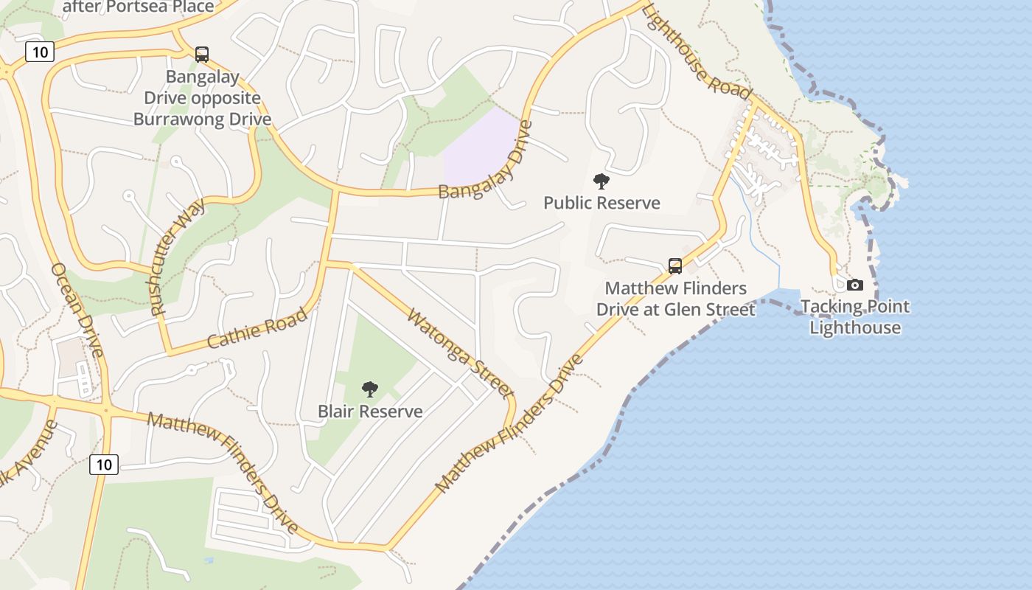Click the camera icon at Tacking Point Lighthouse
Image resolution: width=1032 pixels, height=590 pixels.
(855, 285)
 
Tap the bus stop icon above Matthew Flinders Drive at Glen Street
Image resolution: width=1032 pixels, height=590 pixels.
(675, 266)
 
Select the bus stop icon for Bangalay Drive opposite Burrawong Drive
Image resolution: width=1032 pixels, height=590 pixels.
(201, 55)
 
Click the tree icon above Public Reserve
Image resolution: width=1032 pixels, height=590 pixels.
(602, 181)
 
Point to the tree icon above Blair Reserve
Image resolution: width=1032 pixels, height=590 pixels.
(370, 389)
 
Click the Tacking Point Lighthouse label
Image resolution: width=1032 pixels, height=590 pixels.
(855, 317)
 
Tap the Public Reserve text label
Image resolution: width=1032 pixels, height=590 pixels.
(602, 203)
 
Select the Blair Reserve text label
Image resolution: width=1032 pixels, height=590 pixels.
(370, 412)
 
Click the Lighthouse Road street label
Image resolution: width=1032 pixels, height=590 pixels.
(696, 51)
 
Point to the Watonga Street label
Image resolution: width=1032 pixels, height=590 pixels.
(459, 354)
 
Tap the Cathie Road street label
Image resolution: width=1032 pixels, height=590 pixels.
(257, 329)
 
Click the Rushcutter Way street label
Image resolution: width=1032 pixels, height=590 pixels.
(178, 258)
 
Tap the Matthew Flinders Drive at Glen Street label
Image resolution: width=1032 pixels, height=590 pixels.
(676, 299)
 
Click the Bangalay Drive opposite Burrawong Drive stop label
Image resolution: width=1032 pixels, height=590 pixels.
(202, 98)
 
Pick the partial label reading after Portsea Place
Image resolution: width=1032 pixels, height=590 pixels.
(139, 7)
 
